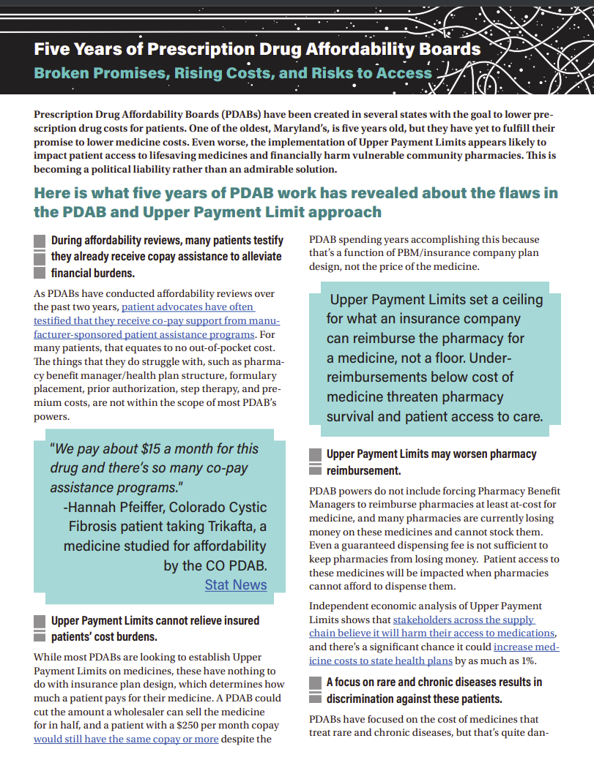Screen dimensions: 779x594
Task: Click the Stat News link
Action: coord(235,584)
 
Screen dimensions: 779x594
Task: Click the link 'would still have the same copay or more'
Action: coord(126,740)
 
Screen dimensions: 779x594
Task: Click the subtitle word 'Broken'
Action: coord(63,73)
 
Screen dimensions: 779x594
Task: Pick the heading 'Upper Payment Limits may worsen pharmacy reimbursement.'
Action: coord(431,462)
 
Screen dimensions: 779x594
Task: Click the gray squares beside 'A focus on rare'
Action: coord(314,690)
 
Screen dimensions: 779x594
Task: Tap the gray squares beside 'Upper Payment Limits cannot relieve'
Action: coord(40,628)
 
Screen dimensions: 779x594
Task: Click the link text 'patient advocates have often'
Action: coord(188,307)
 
